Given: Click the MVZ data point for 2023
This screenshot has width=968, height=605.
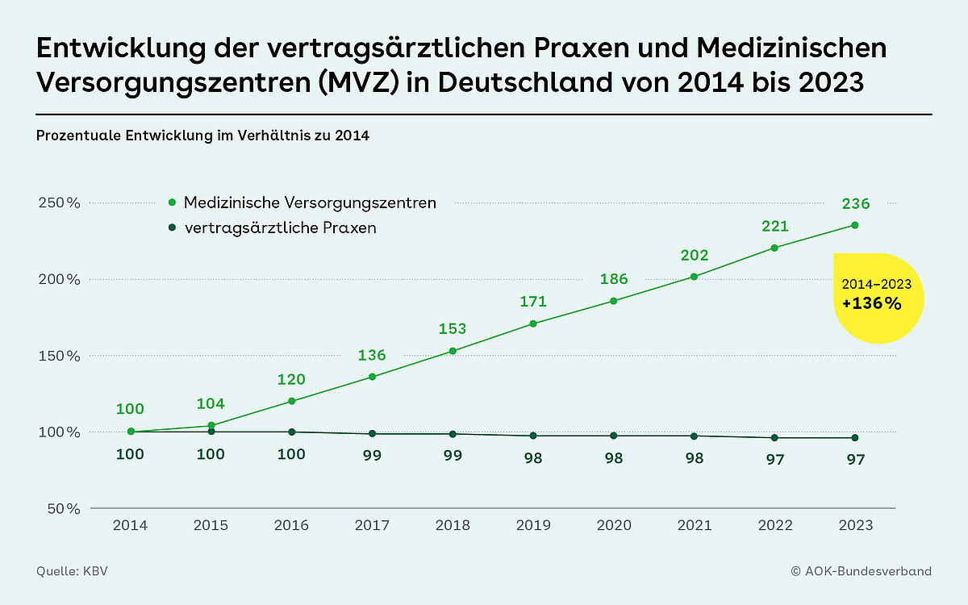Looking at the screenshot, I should [x=855, y=225].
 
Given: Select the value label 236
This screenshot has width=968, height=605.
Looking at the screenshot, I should [x=856, y=204].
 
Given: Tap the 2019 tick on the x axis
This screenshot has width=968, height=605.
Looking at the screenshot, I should [x=533, y=525].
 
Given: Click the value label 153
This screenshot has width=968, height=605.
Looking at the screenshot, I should [x=453, y=329].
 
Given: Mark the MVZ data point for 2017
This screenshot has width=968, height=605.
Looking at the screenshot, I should [x=372, y=377].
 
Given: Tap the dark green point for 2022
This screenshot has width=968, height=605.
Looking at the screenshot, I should [x=774, y=438].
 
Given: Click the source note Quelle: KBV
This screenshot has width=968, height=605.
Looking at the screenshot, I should [x=72, y=571].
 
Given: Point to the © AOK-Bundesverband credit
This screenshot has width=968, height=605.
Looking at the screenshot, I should [x=861, y=571].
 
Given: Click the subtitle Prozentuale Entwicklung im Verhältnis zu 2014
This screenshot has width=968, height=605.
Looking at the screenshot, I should [x=202, y=136].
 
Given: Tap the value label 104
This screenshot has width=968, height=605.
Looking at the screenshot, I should [x=211, y=404].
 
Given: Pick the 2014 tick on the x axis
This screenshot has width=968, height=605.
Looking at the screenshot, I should [x=130, y=525].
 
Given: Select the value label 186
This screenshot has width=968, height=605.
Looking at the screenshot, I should [x=614, y=279].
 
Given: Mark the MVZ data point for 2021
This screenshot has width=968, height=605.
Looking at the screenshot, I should [x=695, y=277].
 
